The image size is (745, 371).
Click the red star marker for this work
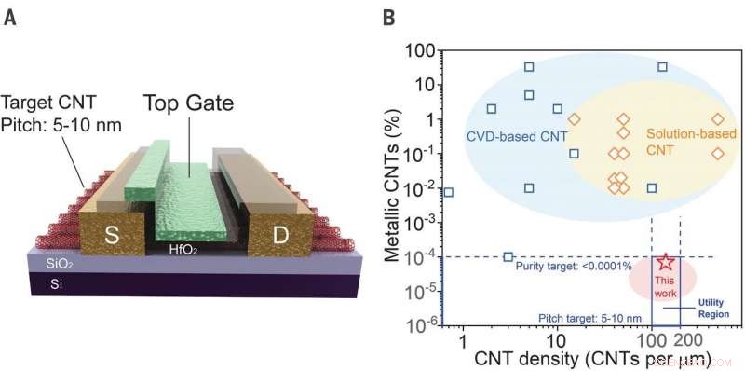[666, 262]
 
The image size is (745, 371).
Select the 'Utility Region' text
[711, 308]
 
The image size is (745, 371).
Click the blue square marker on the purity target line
[508, 256]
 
